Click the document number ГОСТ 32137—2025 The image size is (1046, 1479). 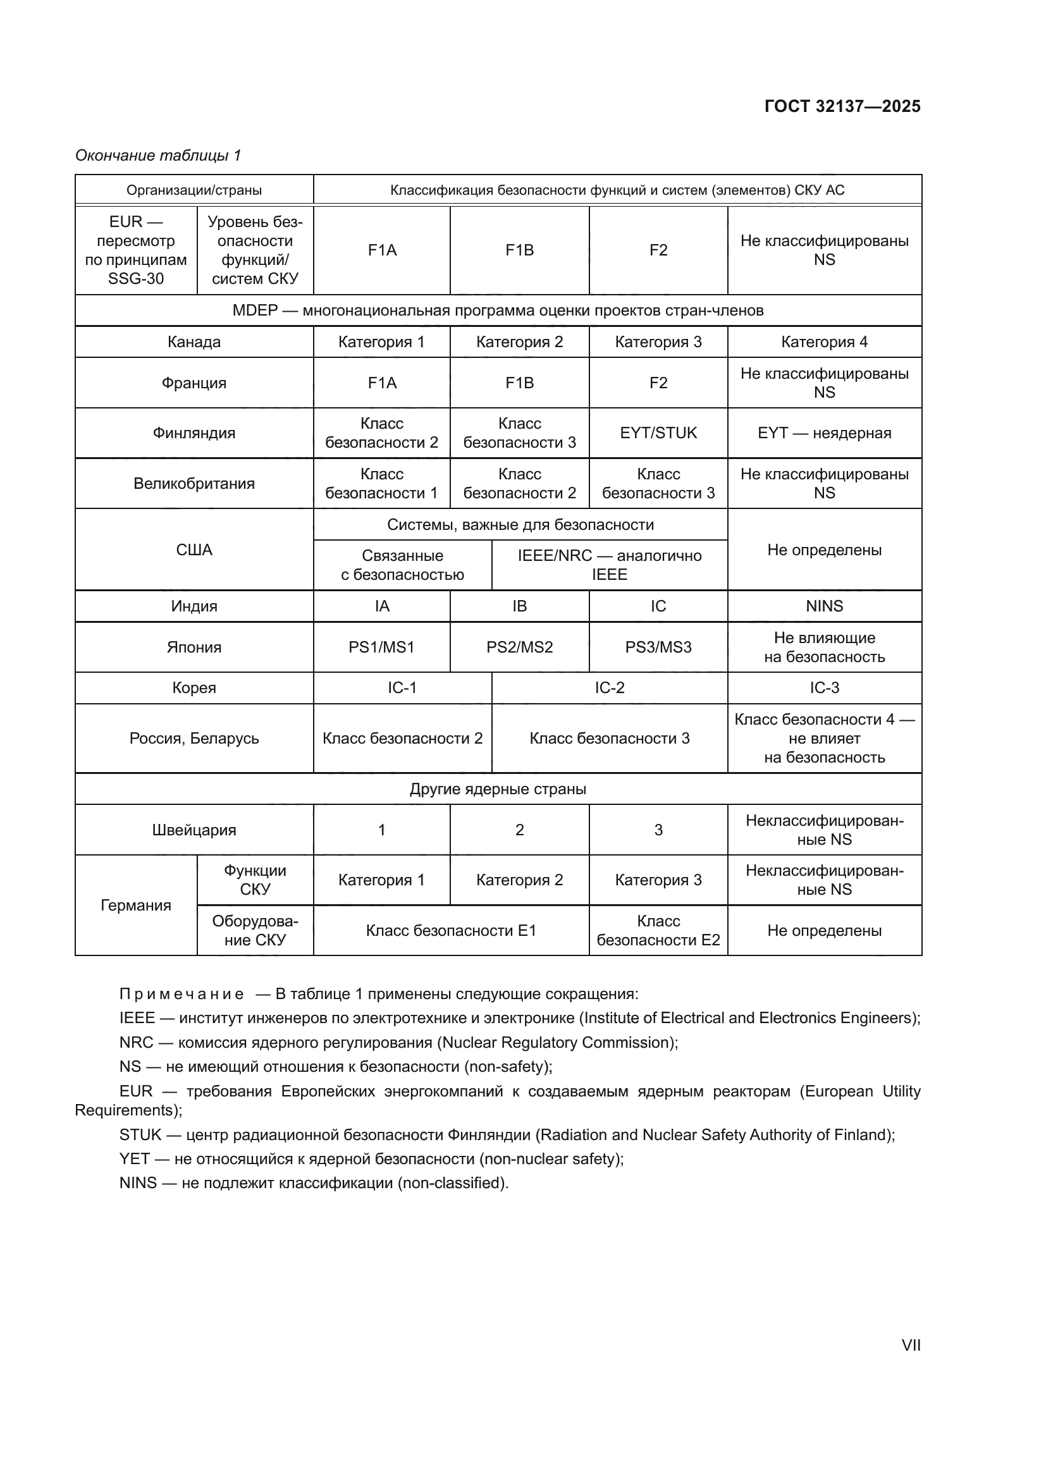point(842,106)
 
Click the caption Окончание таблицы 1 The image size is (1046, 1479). point(158,156)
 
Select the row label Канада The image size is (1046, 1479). point(194,342)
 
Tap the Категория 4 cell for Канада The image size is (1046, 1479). point(824,342)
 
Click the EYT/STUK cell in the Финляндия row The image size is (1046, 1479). point(658,433)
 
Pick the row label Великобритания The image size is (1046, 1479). point(194,483)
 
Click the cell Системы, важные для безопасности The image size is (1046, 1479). point(520,524)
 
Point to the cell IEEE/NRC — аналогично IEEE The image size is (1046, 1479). point(608,565)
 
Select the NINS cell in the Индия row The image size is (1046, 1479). point(824,606)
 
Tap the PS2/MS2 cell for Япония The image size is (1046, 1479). point(519,647)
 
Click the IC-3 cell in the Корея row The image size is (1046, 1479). point(824,688)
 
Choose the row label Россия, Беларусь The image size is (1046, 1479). point(194,738)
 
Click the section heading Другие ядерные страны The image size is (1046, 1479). point(498,789)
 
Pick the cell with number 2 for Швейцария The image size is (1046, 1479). point(519,830)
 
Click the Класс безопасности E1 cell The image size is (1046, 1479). point(451,930)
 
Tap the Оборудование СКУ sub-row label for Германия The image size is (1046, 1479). point(255,930)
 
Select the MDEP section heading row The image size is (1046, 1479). point(498,310)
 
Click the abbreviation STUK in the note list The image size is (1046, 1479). point(140,1153)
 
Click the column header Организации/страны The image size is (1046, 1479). point(194,190)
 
